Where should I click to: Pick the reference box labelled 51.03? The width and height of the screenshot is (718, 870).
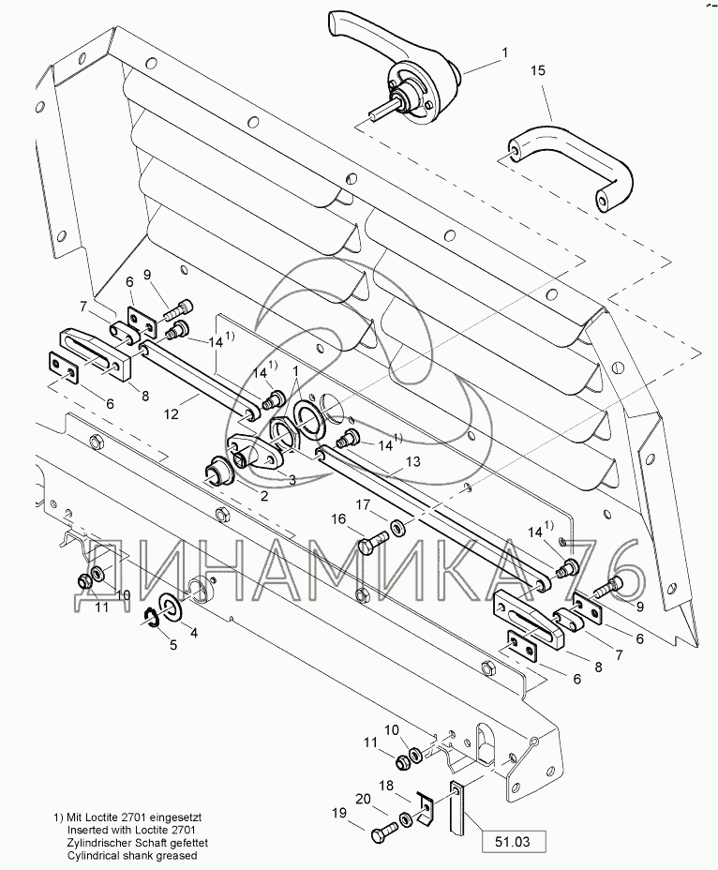point(513,842)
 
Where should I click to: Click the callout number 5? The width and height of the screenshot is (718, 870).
point(173,645)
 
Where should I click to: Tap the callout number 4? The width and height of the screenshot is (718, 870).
point(193,633)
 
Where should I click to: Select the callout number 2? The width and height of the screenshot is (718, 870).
point(265,496)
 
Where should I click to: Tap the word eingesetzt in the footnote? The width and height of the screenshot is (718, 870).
point(175,817)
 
